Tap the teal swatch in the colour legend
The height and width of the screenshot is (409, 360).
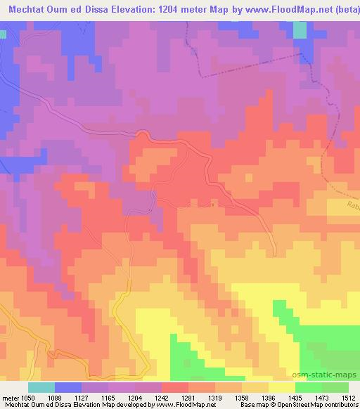(41, 387)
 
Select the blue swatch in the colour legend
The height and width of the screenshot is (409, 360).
(68, 387)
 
